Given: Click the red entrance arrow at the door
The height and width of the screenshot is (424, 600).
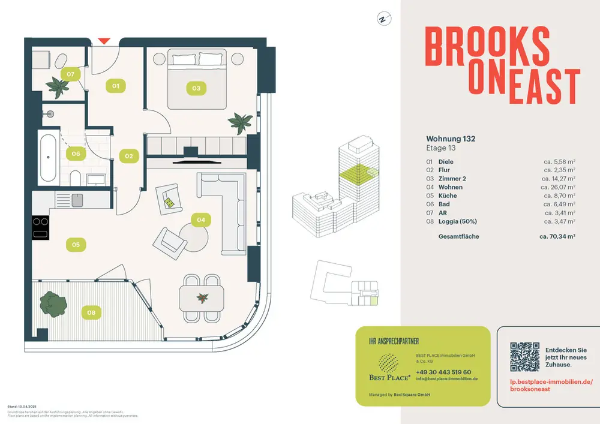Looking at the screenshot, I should tap(104, 41).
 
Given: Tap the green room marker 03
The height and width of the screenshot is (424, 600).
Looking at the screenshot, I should tap(196, 88).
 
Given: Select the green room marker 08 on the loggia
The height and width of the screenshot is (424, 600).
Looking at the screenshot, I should tap(91, 312).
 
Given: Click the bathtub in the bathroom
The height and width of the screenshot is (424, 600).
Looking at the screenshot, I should tap(50, 157).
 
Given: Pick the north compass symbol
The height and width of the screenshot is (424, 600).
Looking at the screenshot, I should tap(382, 19).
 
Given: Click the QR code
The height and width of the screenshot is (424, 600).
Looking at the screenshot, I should tap(525, 356).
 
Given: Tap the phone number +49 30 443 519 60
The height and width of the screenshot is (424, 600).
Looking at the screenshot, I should tap(443, 372).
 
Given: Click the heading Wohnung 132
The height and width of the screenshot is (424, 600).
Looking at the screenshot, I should tap(451, 139).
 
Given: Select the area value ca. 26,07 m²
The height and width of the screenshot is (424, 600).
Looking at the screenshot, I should tap(558, 187).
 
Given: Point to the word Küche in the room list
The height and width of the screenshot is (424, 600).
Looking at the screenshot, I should tap(448, 196).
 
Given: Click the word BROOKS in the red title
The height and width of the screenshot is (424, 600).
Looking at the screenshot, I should tap(487, 47).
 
